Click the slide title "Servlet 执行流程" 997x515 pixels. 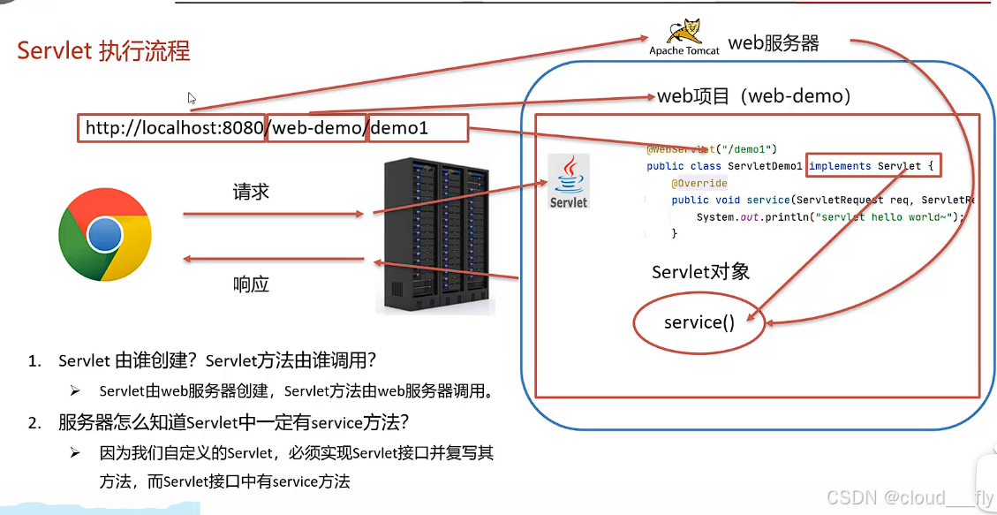pos(104,50)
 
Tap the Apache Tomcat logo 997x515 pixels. pos(684,38)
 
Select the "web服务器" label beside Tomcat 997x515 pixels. pos(773,43)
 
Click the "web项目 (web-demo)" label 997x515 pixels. pos(753,96)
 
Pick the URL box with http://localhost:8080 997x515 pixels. pos(174,128)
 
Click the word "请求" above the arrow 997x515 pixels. pos(251,192)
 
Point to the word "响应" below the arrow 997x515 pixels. pos(251,284)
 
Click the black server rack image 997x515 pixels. pos(434,236)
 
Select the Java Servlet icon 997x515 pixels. pos(568,182)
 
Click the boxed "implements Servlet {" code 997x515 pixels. pos(873,166)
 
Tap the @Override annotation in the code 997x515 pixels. pos(699,183)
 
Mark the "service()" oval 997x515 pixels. pos(699,322)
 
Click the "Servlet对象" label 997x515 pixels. pos(700,271)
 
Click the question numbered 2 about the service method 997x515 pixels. pos(233,422)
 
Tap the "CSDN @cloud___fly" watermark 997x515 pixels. pos(910,498)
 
